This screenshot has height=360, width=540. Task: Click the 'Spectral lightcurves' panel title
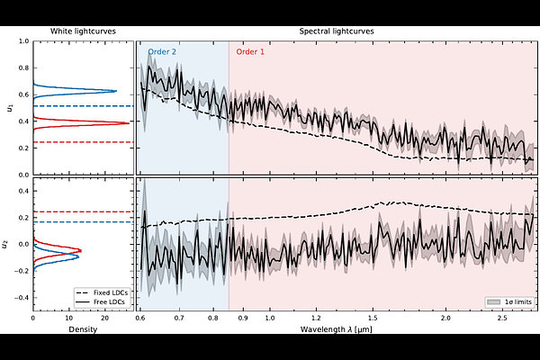tap(336, 31)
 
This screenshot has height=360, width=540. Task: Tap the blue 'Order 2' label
tap(162, 53)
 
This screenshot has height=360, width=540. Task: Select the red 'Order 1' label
tap(250, 53)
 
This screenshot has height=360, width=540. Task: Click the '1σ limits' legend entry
tap(512, 301)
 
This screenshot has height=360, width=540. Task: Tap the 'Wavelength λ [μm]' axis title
tap(336, 329)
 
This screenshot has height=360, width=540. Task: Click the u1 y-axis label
tap(9, 107)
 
